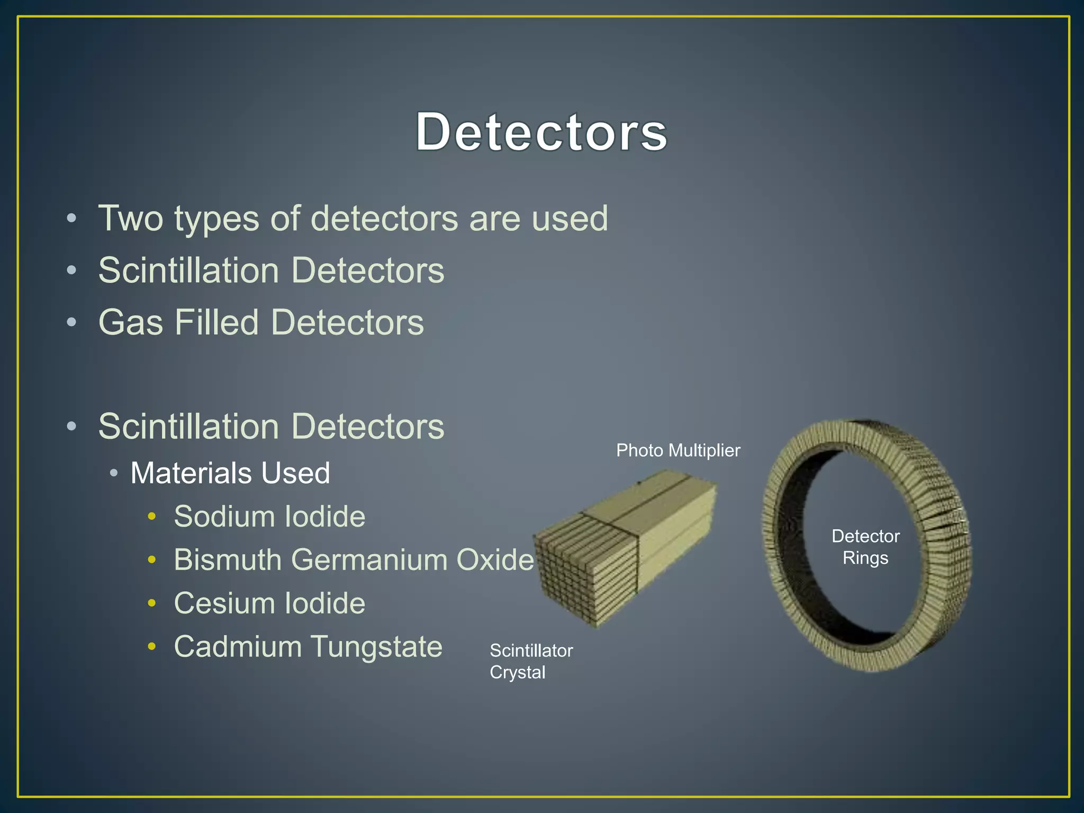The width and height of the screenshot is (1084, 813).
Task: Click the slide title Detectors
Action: coord(541,132)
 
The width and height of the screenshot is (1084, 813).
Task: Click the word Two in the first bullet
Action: coord(131,218)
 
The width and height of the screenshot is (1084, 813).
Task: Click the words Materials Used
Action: coord(230,473)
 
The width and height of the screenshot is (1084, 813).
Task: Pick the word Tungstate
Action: coord(376,646)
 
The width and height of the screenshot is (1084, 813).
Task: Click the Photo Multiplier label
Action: coord(678,450)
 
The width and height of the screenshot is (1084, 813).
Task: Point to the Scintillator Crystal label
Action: coord(530,661)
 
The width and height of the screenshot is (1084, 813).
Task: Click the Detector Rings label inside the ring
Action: coord(865,547)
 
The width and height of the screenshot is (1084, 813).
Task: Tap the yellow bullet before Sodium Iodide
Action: coord(152,516)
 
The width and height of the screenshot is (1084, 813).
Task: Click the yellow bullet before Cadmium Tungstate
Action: coord(152,646)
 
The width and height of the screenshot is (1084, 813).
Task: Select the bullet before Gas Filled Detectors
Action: coord(72,322)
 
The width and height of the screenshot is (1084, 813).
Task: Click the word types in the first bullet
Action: coord(217,219)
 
